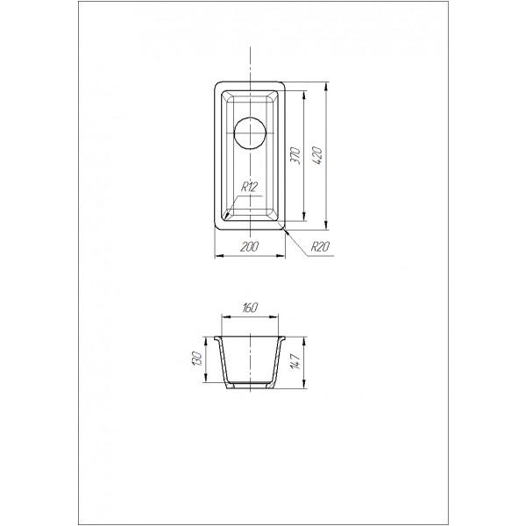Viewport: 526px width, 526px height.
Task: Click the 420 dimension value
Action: click(x=317, y=156)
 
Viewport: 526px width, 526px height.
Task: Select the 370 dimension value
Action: click(x=295, y=156)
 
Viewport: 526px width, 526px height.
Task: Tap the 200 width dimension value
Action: click(x=250, y=246)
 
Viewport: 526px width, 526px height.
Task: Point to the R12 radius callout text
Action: click(x=249, y=187)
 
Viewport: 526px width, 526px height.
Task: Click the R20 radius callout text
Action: click(x=320, y=247)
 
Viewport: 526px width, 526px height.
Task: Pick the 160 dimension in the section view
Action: click(x=249, y=308)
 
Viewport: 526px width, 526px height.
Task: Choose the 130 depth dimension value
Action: click(x=197, y=359)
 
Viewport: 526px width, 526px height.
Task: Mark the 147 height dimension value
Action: click(x=295, y=361)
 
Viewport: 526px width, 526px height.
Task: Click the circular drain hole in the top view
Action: click(x=250, y=133)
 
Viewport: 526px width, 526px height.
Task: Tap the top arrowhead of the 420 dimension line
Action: click(x=326, y=87)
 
